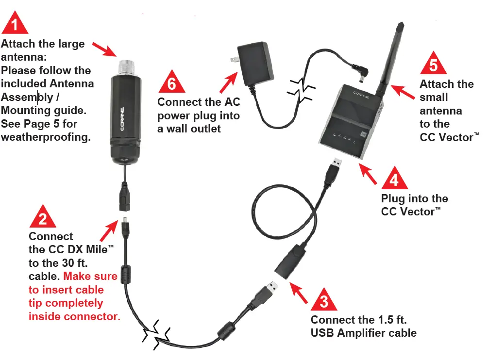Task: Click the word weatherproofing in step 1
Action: [x=46, y=137]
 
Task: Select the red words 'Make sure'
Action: [x=90, y=277]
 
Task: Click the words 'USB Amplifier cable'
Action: [x=363, y=333]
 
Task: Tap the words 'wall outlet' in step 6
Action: [x=189, y=129]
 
